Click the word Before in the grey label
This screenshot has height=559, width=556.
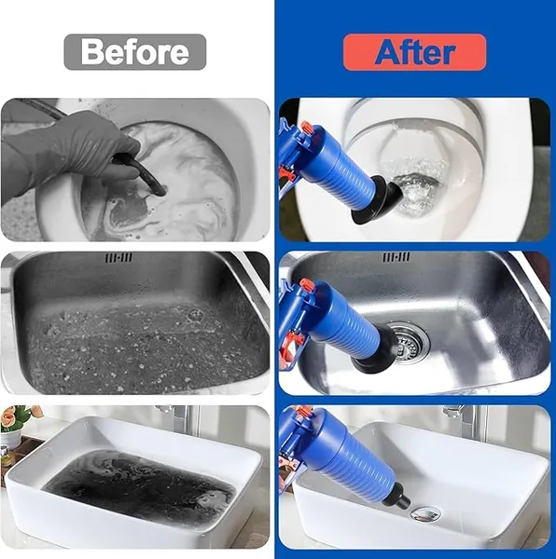(x=134, y=52)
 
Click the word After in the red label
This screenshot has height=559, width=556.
(x=414, y=52)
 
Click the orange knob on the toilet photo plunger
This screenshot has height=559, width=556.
(x=305, y=128)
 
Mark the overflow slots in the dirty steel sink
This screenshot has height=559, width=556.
(x=118, y=257)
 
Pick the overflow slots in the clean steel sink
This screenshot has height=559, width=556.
(x=396, y=256)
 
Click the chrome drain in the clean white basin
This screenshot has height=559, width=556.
(x=426, y=512)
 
